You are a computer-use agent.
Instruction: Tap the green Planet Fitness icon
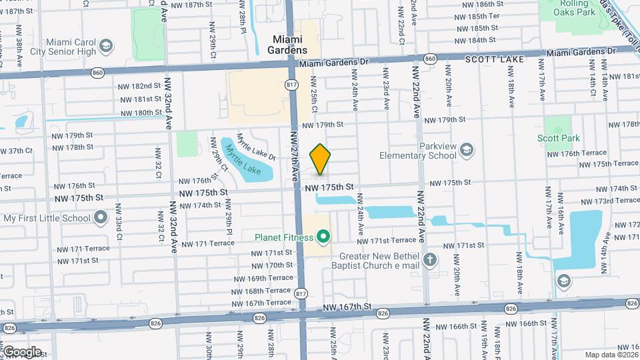point(324,236)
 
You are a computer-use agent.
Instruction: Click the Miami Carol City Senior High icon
point(105,45)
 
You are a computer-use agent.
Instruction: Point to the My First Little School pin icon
point(101,217)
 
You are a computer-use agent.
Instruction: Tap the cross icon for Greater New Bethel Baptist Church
point(431,259)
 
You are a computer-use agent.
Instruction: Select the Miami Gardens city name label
point(288,45)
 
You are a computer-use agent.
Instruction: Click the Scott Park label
point(558,139)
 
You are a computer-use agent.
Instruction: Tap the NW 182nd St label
point(139,86)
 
